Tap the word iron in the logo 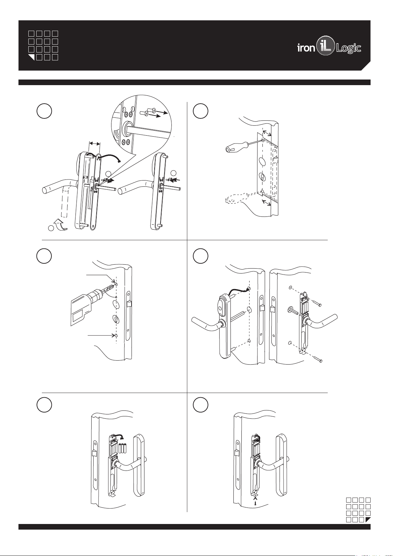coord(306,48)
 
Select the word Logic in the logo coord(348,49)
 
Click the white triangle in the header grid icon coord(32,57)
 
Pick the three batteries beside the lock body coord(123,449)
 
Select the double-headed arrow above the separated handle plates coord(95,144)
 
